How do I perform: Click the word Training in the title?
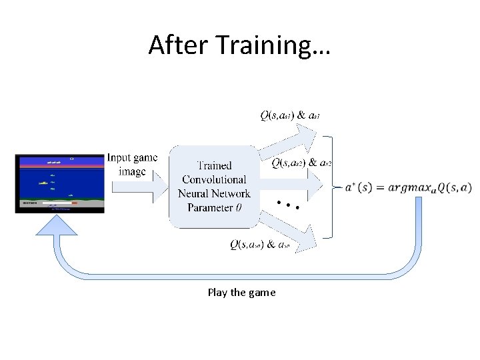click(x=263, y=46)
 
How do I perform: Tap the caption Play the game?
click(x=241, y=292)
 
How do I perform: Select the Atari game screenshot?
click(x=59, y=183)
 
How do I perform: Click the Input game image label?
click(x=132, y=165)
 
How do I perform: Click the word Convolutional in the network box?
click(x=214, y=179)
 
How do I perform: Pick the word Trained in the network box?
click(x=214, y=165)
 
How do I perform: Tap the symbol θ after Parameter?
click(x=238, y=207)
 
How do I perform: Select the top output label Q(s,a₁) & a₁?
click(x=290, y=115)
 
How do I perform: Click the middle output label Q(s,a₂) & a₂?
click(x=302, y=162)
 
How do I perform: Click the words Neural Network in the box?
click(x=214, y=193)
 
